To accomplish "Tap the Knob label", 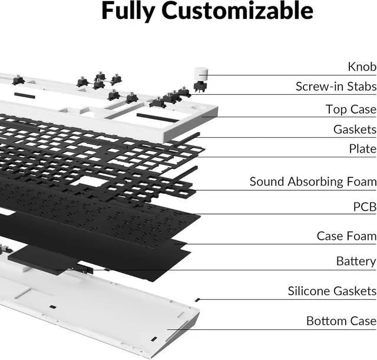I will point(362,67).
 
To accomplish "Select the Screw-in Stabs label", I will point(336,87).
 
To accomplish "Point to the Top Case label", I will point(350,109).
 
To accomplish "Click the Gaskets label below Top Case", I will point(355,129).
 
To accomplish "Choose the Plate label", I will point(362,149).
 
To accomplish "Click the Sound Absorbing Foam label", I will point(313,181).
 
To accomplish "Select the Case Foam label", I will point(346,236).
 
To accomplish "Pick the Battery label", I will point(356,260).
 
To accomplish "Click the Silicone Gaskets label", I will point(332,290).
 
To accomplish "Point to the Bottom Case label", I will point(341,321).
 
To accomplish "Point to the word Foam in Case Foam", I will point(361,236).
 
